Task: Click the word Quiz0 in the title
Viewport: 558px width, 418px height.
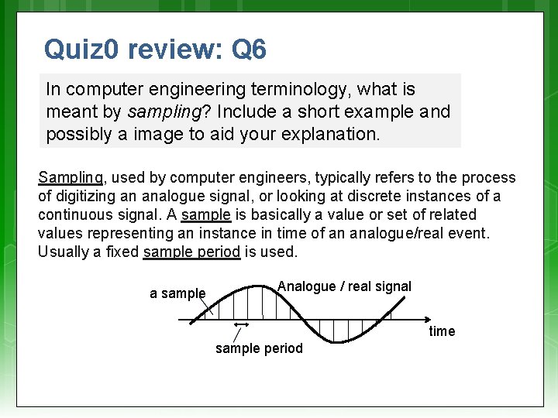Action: (x=81, y=50)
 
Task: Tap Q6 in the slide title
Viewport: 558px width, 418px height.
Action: (x=249, y=50)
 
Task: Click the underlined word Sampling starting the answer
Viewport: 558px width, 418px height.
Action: (x=71, y=178)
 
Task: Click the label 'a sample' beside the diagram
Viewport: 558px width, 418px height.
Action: (x=177, y=293)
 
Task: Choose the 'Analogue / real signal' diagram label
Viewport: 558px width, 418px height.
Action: (x=344, y=286)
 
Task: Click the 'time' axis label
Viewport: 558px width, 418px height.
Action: (x=442, y=331)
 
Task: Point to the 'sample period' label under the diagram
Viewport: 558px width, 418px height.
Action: (x=259, y=348)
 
